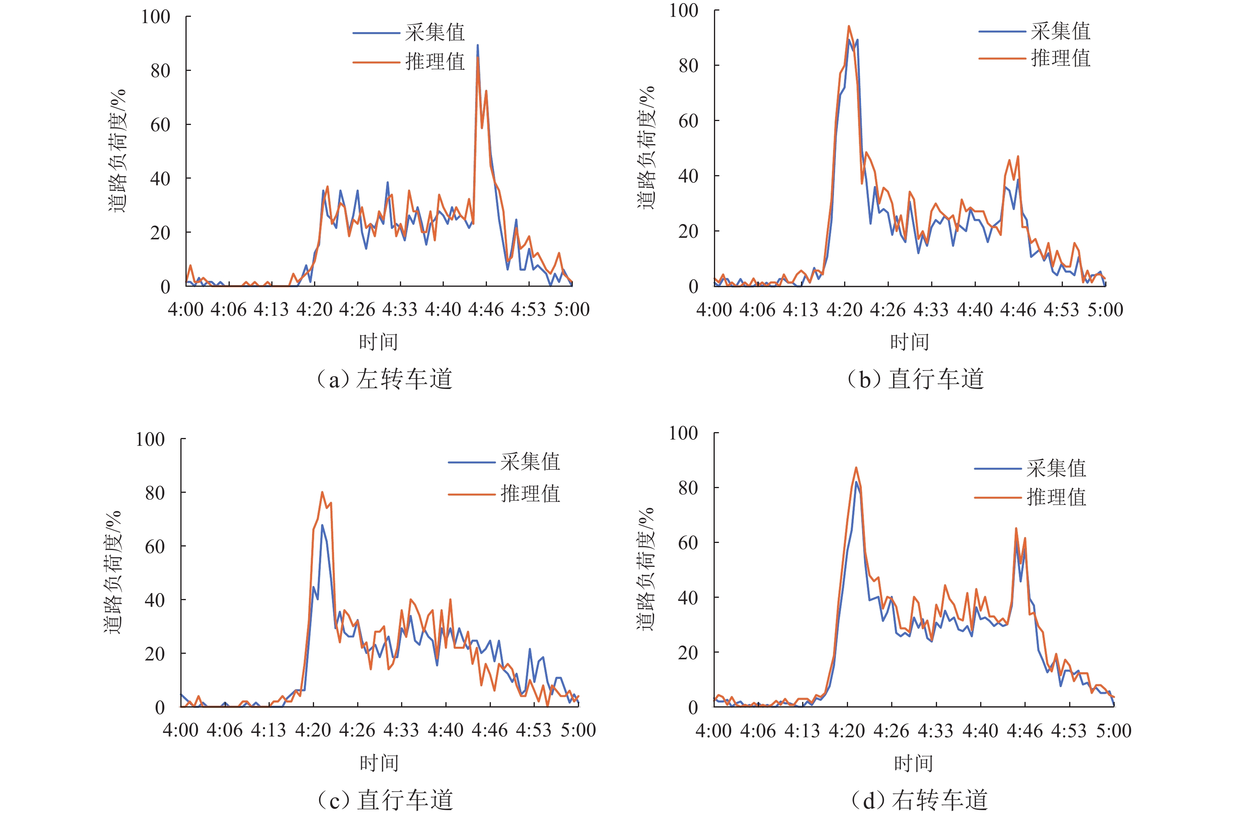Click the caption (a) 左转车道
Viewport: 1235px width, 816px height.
384,379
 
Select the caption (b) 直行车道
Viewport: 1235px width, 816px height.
915,379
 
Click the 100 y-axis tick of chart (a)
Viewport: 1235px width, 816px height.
155,17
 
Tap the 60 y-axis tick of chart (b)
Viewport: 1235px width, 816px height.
688,121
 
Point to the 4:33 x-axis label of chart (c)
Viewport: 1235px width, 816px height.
401,730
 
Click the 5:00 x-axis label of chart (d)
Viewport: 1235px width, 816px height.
1113,731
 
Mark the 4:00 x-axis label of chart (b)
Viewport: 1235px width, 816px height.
714,309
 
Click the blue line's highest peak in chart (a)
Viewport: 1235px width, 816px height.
478,46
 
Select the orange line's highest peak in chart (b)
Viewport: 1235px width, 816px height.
848,26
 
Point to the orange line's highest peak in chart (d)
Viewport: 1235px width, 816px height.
856,467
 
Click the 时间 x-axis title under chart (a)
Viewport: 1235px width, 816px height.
379,342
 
